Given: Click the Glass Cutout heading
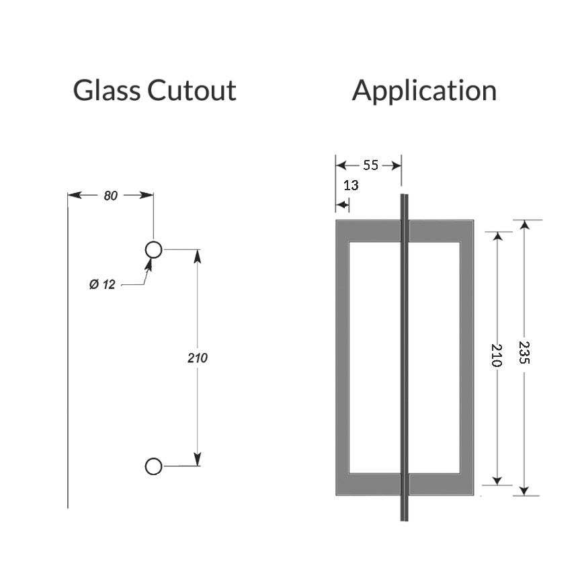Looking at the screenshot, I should click(x=155, y=90).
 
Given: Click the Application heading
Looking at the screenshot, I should click(x=424, y=90).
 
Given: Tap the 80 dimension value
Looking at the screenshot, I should click(x=111, y=196).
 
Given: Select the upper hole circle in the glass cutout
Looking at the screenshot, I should click(x=154, y=250).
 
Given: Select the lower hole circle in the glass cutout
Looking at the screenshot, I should click(x=153, y=466).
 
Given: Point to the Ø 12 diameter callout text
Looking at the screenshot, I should click(x=102, y=285).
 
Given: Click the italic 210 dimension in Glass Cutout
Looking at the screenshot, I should click(x=198, y=358).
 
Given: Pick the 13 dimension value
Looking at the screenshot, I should click(x=351, y=185).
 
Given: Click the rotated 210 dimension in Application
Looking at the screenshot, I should click(x=497, y=354).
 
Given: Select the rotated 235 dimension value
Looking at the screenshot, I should click(x=525, y=351).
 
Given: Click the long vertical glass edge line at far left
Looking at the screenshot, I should click(x=68, y=349).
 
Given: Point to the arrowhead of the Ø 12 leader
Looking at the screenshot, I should click(x=149, y=261).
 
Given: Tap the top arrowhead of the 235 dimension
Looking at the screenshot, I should click(x=525, y=224).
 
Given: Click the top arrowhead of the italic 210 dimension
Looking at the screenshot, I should click(x=198, y=254).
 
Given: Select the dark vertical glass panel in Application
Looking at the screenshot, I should click(x=405, y=356).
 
